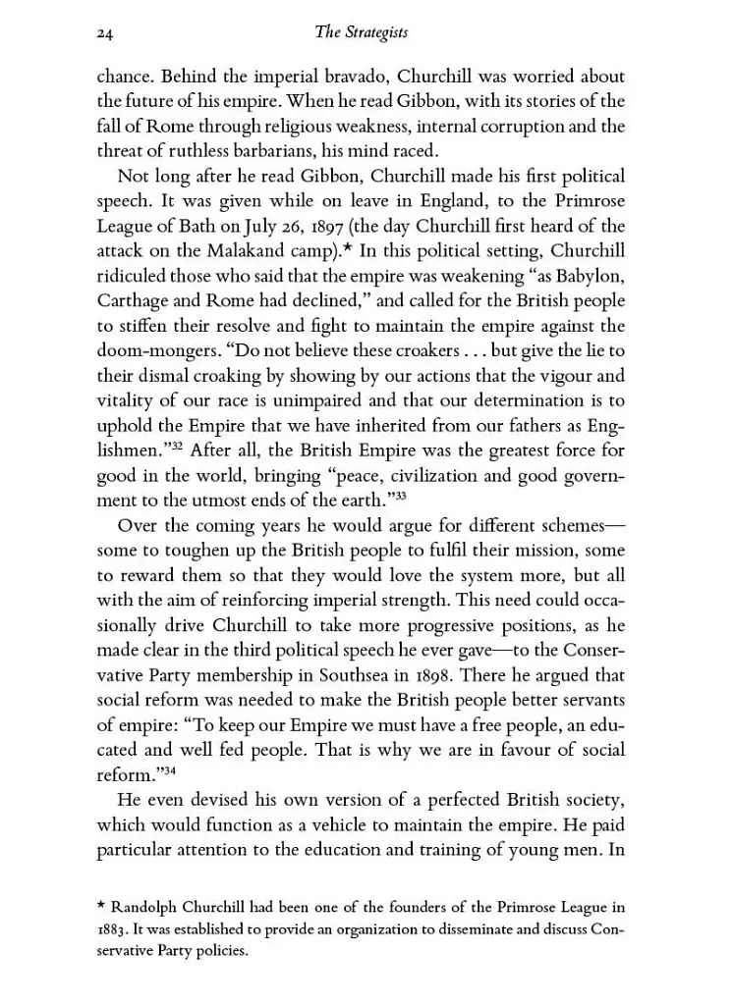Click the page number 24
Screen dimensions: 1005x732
coord(107,33)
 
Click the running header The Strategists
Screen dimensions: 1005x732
coord(361,33)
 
